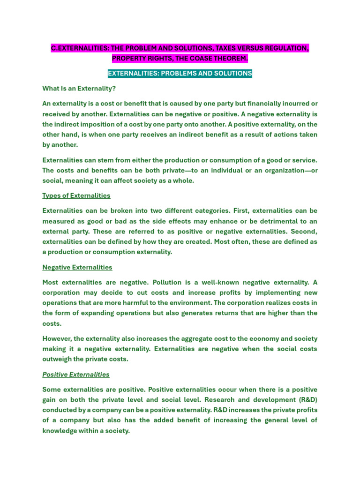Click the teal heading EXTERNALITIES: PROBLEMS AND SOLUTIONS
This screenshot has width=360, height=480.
point(180,74)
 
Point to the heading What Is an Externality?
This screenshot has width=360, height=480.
point(79,88)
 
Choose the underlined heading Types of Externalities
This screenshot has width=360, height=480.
point(76,195)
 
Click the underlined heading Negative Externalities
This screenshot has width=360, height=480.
point(77,267)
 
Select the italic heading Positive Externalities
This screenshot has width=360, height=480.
point(76,375)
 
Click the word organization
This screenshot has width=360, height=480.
point(281,170)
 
